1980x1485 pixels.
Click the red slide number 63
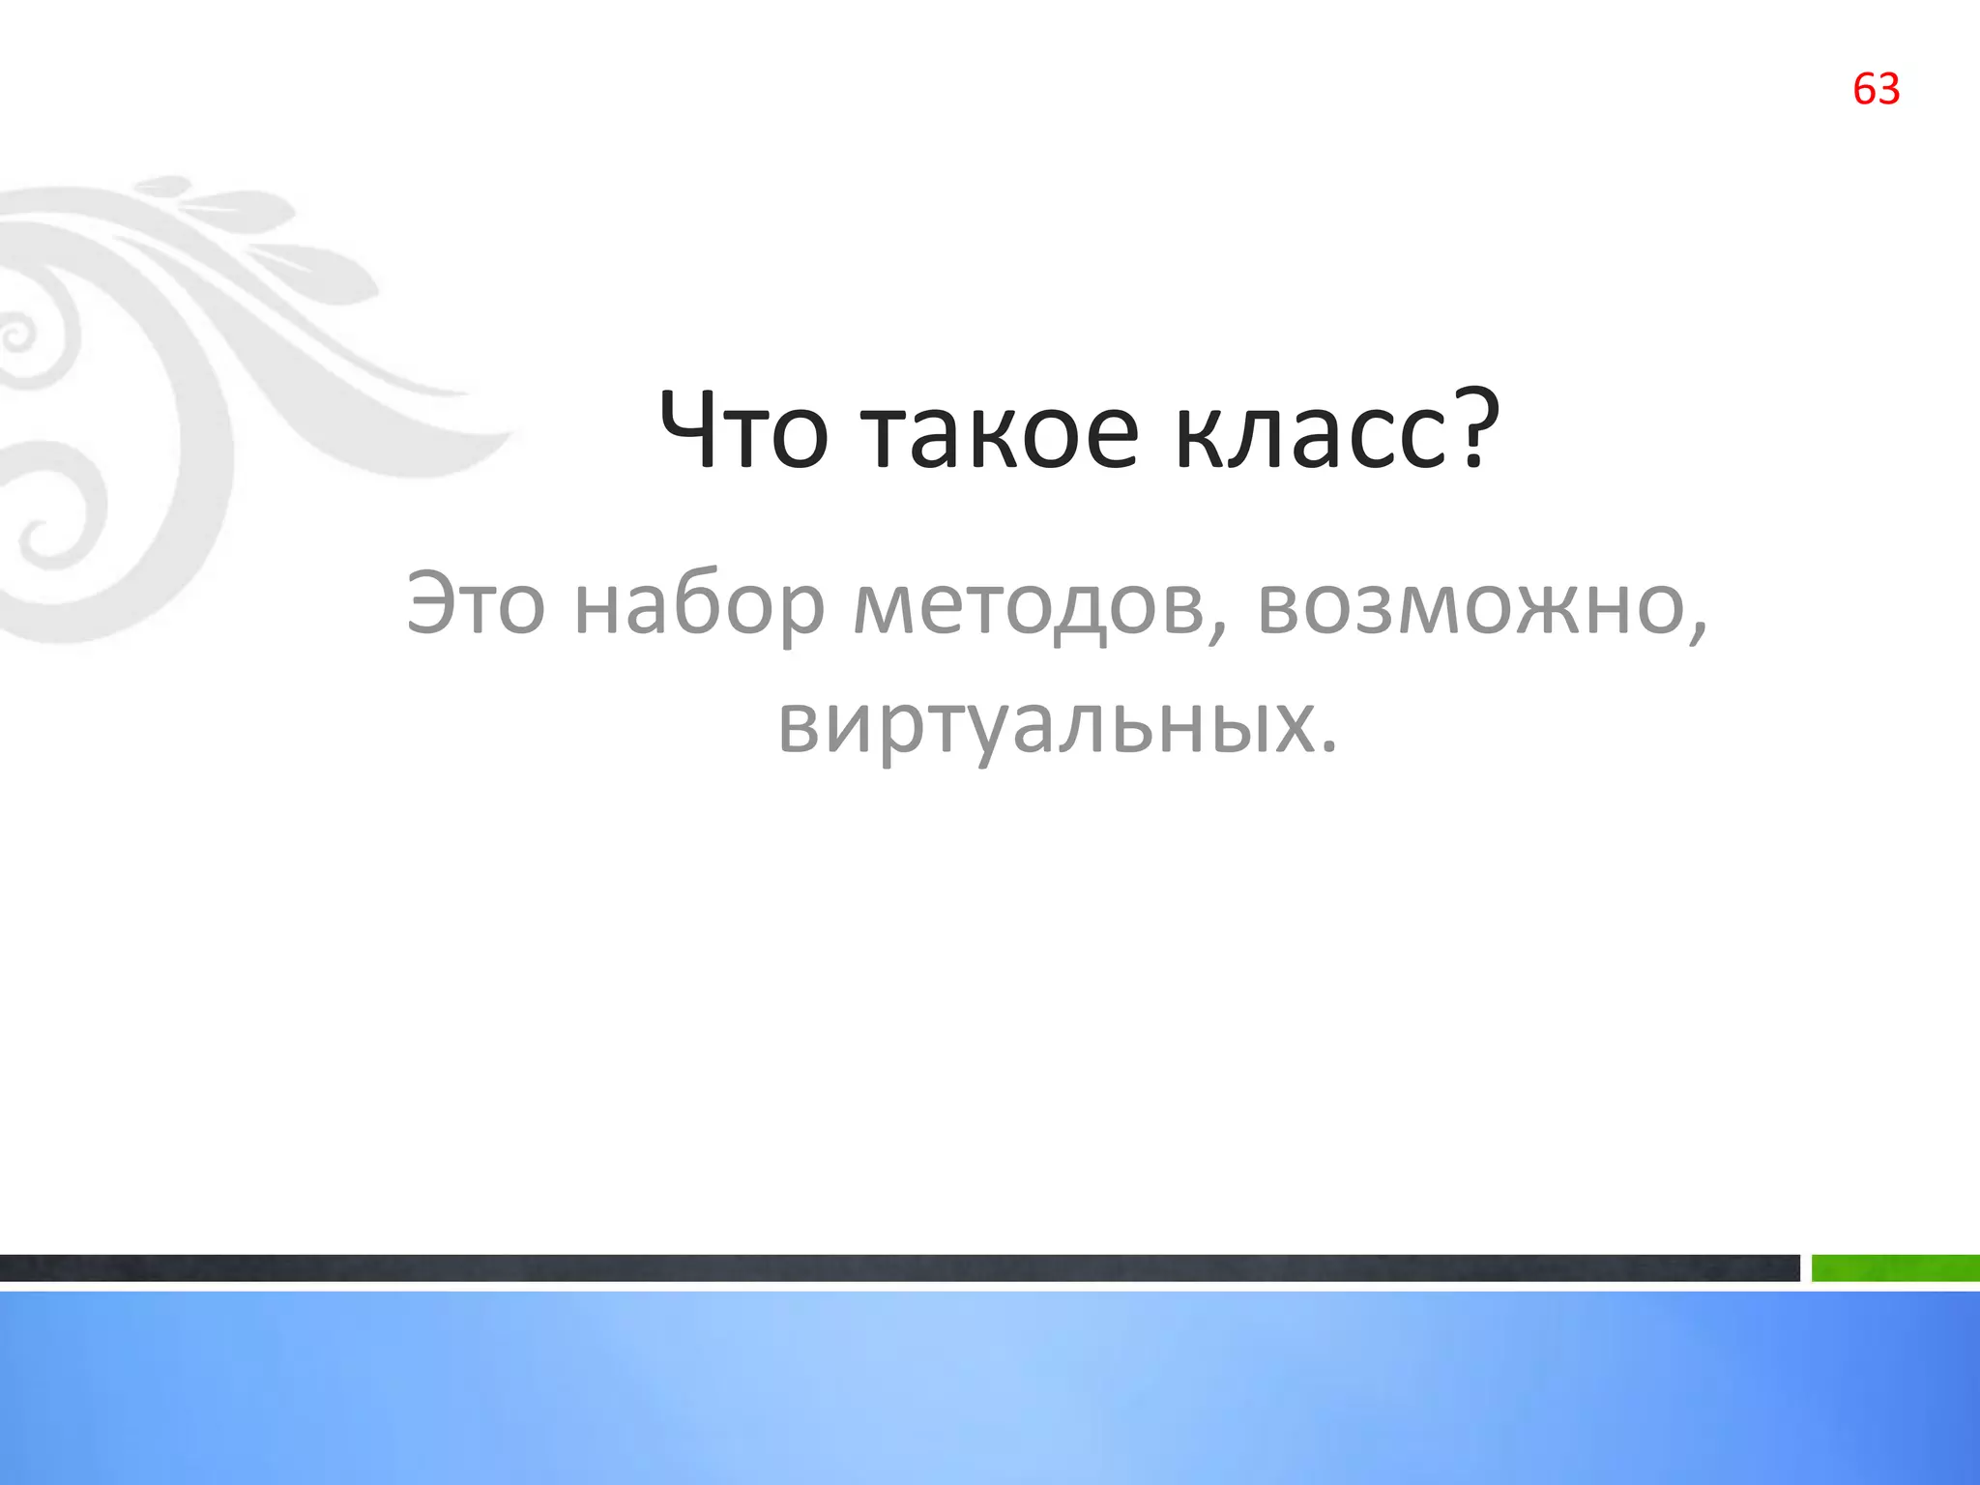[x=1876, y=89]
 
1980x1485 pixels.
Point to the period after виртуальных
[x=1328, y=746]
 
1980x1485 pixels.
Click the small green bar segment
[x=1895, y=1267]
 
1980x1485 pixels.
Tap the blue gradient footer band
[x=990, y=1388]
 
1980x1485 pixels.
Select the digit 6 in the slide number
[x=1864, y=89]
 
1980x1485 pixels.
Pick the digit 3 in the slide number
[x=1888, y=89]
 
